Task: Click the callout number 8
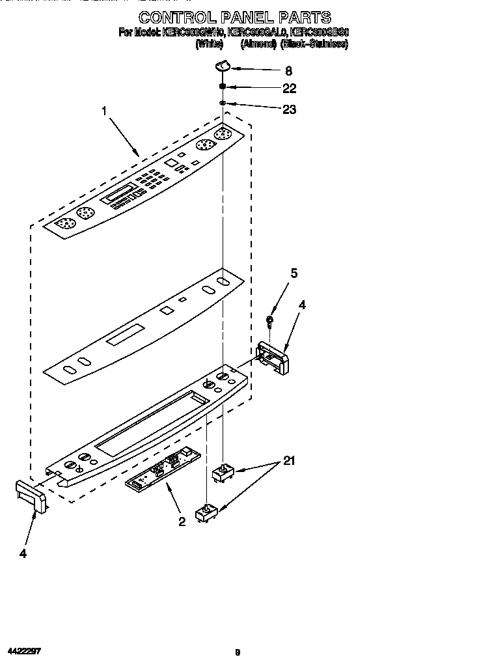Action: point(288,71)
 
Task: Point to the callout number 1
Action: point(104,111)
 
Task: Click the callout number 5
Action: point(294,273)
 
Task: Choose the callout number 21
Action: point(289,462)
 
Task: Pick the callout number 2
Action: point(182,521)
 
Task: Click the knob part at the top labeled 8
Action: point(223,65)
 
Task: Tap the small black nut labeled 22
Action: point(223,86)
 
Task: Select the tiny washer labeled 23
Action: point(223,103)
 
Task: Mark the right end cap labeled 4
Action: point(273,358)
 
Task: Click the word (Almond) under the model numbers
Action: point(258,44)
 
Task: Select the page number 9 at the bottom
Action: point(238,652)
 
